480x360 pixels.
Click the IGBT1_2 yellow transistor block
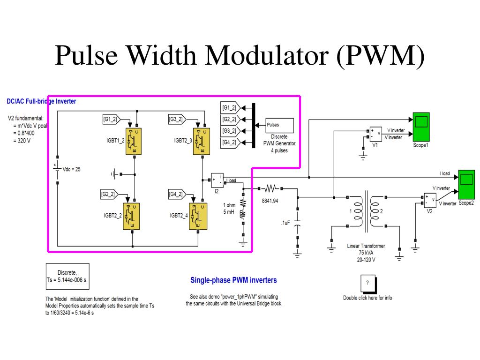pyautogui.click(x=135, y=140)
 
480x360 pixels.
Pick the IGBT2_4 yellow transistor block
pyautogui.click(x=198, y=216)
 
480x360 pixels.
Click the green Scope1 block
pyautogui.click(x=420, y=127)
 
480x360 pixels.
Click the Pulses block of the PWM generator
pyautogui.click(x=280, y=125)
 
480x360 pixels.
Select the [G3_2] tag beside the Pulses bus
pyautogui.click(x=229, y=131)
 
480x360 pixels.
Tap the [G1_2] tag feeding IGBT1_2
pyautogui.click(x=111, y=120)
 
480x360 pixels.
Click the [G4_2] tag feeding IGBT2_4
pyautogui.click(x=177, y=194)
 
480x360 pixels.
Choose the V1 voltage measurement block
pyautogui.click(x=376, y=134)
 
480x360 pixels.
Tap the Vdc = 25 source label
pyautogui.click(x=71, y=169)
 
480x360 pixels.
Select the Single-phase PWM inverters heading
pyautogui.click(x=233, y=280)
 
